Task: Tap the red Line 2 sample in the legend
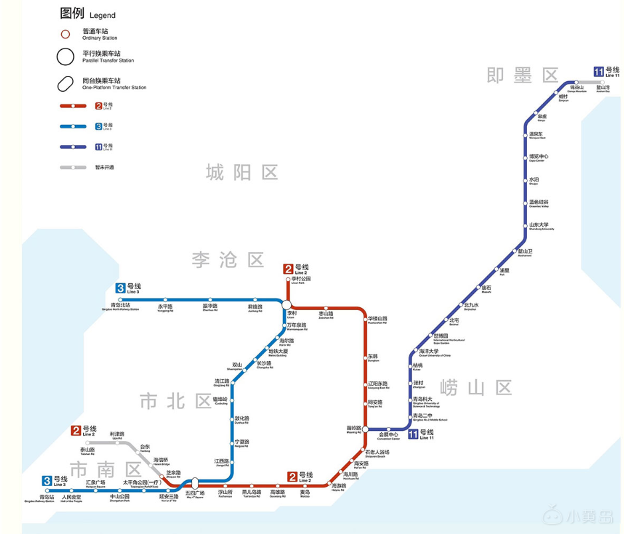coord(73,105)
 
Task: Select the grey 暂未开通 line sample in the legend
coord(73,167)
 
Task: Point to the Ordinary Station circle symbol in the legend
coord(65,34)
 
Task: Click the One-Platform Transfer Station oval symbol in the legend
coord(65,84)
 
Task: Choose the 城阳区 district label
coord(241,173)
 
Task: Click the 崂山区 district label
coord(475,387)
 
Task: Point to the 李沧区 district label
coord(227,259)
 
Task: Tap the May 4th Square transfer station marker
coord(195,483)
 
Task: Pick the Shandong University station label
coord(539,226)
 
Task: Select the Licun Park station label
coord(301,281)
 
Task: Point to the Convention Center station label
coord(389,437)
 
